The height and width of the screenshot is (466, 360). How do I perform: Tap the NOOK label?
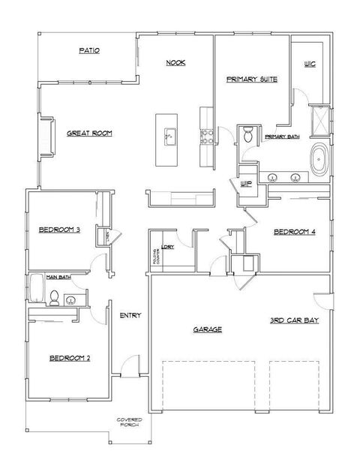click(x=175, y=63)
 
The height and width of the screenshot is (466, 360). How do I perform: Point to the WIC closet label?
click(x=309, y=65)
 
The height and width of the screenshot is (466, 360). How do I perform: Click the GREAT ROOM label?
click(x=89, y=133)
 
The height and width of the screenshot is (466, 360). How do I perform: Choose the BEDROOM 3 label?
click(x=59, y=230)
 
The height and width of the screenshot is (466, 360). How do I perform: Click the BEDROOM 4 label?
click(x=293, y=232)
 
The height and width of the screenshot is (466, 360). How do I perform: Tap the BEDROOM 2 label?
click(x=70, y=358)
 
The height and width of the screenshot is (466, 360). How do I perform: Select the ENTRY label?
click(x=130, y=315)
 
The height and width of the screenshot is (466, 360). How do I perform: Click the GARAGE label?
click(x=207, y=329)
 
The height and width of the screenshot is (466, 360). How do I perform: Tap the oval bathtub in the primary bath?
click(x=319, y=160)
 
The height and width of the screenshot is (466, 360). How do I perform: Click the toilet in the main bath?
click(x=53, y=299)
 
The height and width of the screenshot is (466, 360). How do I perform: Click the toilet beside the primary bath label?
click(x=248, y=134)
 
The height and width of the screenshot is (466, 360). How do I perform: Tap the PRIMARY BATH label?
click(x=282, y=136)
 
